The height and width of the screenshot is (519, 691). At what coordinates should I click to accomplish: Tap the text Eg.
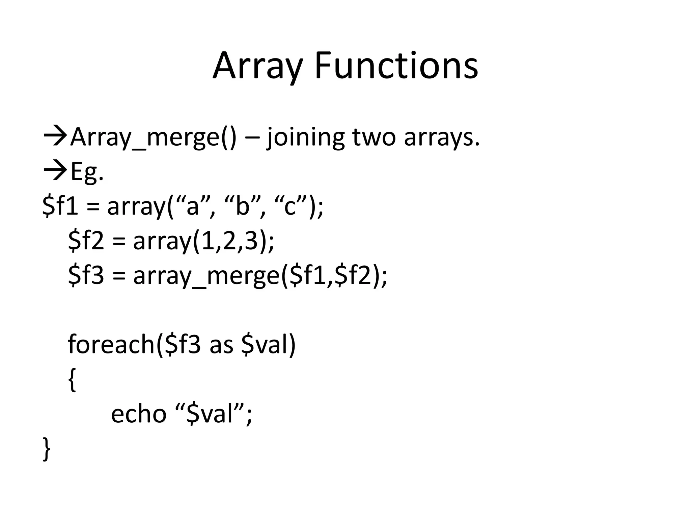point(87,172)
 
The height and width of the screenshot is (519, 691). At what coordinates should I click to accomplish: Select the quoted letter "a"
point(193,206)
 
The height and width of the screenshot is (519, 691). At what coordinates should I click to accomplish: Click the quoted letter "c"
point(290,206)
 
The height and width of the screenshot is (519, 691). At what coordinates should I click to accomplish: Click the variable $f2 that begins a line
point(86,241)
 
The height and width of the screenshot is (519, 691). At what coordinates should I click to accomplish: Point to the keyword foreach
point(111,344)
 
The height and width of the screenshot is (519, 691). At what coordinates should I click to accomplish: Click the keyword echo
point(139,414)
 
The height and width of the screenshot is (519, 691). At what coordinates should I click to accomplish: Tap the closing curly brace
point(47,449)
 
